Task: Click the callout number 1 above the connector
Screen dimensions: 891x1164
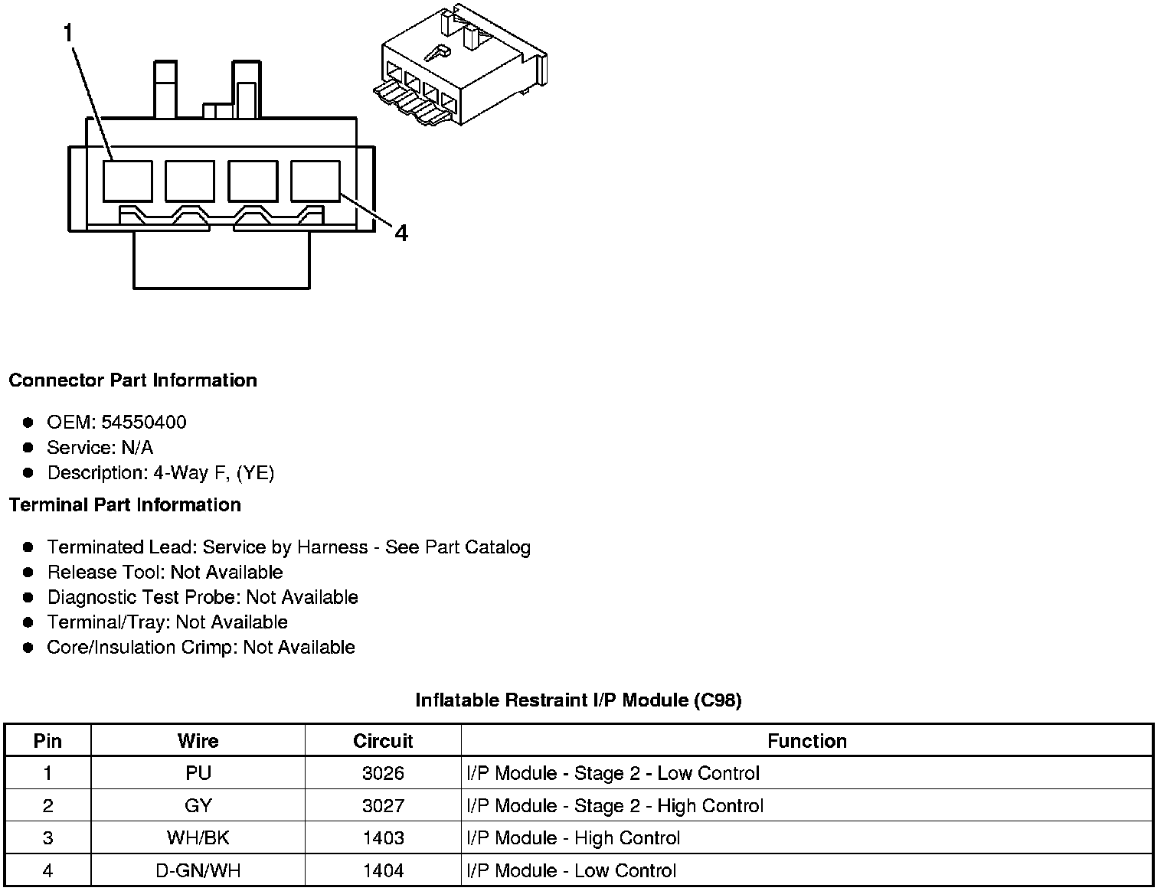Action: point(69,33)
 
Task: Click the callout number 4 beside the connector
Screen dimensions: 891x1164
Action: point(401,233)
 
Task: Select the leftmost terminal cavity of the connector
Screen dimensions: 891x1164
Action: point(127,181)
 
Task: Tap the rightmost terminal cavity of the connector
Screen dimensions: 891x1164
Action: point(316,181)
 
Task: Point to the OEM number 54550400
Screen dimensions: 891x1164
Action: point(144,423)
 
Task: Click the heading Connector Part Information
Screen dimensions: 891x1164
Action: point(133,380)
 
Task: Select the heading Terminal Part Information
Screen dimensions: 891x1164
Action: point(125,505)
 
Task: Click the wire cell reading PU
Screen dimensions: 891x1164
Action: point(198,773)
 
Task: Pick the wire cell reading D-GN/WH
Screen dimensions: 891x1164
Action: point(198,870)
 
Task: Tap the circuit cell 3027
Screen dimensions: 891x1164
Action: point(383,806)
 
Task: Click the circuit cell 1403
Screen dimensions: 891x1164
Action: point(383,838)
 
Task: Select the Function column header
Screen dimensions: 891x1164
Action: point(807,741)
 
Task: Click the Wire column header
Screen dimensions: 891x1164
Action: point(198,741)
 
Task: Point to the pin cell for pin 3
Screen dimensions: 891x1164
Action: point(47,838)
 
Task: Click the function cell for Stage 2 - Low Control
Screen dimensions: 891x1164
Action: point(613,773)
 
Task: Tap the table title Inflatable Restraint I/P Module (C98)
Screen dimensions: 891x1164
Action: point(578,700)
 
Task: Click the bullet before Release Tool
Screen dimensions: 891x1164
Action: point(28,572)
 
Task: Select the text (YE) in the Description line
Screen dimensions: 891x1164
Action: point(256,473)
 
